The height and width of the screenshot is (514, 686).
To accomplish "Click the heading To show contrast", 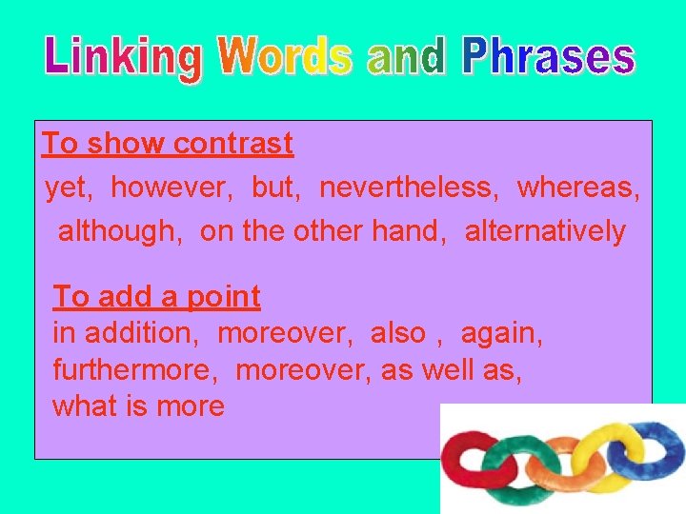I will click(168, 145).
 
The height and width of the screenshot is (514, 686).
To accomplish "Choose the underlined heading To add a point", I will click(156, 297).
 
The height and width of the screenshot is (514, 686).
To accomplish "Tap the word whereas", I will click(577, 188).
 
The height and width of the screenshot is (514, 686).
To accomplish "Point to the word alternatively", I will click(545, 231).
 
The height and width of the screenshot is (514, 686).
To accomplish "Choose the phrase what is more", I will click(138, 406).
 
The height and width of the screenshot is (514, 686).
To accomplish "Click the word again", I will click(501, 333).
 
